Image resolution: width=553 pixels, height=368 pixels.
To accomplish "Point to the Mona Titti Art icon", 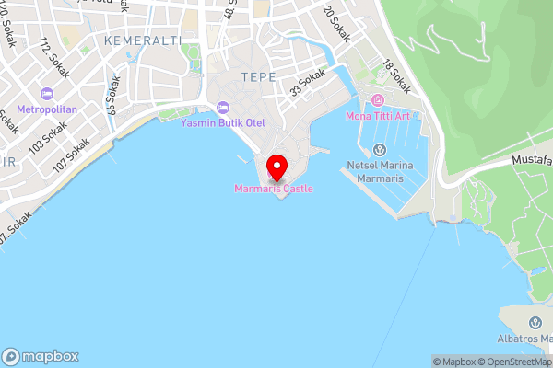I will click(x=377, y=100).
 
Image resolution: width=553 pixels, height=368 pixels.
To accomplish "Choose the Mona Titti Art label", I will click(x=378, y=116).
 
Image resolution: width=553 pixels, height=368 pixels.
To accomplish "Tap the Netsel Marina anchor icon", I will click(x=379, y=150).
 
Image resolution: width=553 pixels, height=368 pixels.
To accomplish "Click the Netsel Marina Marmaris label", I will click(x=380, y=171).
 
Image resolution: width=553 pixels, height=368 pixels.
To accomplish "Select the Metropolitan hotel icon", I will click(x=46, y=93).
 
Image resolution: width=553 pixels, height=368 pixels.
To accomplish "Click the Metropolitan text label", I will click(x=46, y=109).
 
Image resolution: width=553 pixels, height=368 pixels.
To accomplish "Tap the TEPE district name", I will click(x=258, y=76).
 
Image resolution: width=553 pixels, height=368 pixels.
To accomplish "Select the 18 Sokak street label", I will click(x=397, y=77).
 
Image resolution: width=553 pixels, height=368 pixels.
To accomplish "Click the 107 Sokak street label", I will click(x=71, y=155).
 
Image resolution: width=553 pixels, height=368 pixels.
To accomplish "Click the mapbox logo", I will click(x=41, y=356).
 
